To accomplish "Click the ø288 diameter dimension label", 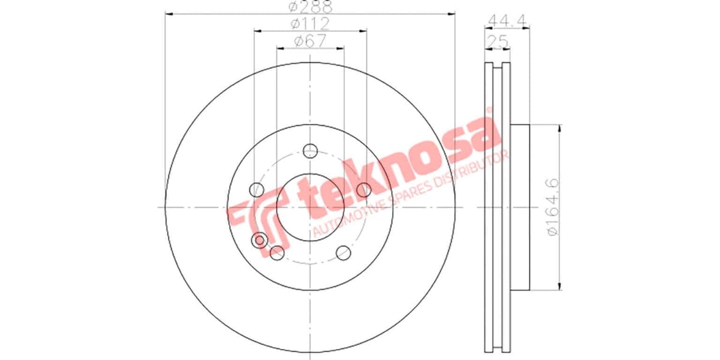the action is pyautogui.click(x=310, y=7).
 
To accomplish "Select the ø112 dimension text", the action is pyautogui.click(x=310, y=24).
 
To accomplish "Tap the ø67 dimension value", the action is pyautogui.click(x=310, y=41).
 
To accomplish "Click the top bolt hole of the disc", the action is pyautogui.click(x=310, y=151).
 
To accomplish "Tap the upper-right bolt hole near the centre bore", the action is pyautogui.click(x=364, y=190).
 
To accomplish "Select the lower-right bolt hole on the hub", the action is pyautogui.click(x=343, y=253).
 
